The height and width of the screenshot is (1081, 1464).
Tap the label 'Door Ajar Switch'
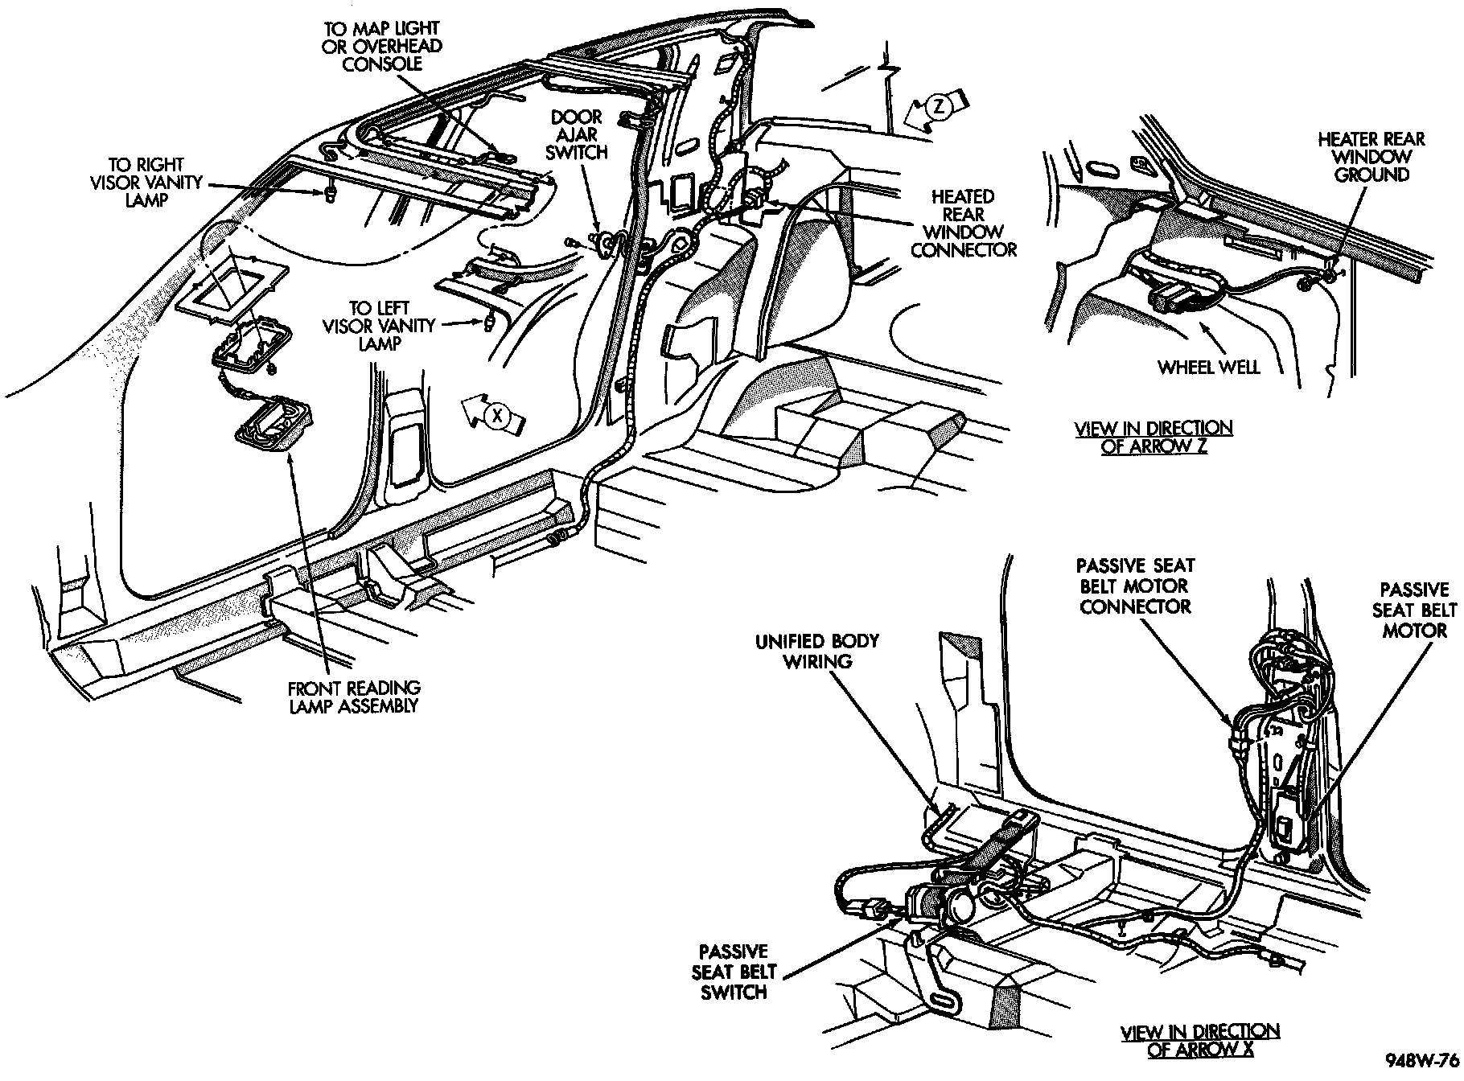coord(578,135)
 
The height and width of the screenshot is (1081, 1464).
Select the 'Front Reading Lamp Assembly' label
coord(355,697)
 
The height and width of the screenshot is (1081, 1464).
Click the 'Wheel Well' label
coord(1209,368)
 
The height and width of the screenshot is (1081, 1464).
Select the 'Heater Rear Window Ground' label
coord(1371,157)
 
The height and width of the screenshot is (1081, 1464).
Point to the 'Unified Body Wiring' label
coord(816,651)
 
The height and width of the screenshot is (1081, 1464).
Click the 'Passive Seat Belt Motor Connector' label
coord(1135,586)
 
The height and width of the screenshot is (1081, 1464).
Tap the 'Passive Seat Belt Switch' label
coord(734,972)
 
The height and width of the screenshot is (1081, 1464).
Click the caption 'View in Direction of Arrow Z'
coord(1154,437)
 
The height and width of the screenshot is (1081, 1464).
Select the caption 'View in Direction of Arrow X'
coord(1200,1039)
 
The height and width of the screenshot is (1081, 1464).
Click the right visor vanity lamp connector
coord(331,195)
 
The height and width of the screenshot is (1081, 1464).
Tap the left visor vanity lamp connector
coord(489,323)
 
